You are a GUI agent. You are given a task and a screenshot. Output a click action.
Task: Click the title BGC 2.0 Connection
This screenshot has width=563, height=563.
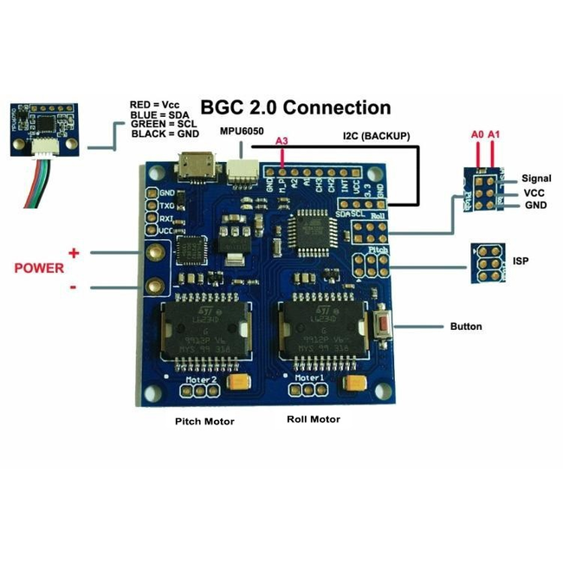295,107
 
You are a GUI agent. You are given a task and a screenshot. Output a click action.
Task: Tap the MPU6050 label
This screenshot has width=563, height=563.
242,131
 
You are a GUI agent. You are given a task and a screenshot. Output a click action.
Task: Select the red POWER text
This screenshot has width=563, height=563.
39,268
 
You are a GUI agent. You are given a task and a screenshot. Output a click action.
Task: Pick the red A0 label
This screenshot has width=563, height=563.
476,135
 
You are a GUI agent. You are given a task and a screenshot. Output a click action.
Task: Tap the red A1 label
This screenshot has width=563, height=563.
494,135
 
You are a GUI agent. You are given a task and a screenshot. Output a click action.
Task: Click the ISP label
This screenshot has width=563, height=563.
521,260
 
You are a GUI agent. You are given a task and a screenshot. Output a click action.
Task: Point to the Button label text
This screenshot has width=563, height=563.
466,327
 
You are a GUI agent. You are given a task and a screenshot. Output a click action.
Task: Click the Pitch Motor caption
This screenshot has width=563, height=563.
199,422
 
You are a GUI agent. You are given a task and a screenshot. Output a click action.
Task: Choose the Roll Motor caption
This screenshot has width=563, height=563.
313,419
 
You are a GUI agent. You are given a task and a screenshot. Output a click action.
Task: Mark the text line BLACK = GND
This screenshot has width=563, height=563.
165,134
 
